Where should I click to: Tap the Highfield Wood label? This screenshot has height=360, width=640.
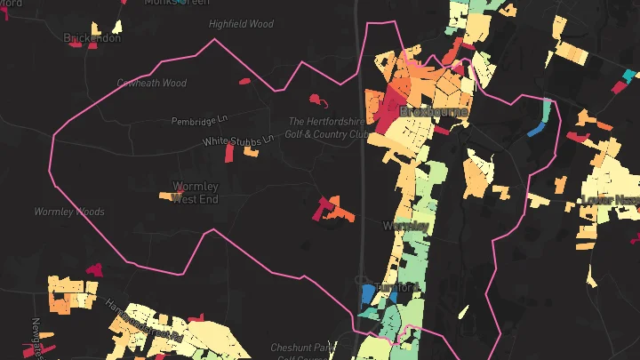(x=241, y=25)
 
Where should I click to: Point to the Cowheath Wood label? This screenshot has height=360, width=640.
(x=152, y=84)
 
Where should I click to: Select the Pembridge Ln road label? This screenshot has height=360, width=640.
(x=200, y=120)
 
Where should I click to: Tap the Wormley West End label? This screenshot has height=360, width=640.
(x=195, y=193)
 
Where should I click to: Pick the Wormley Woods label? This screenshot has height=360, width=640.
(x=69, y=212)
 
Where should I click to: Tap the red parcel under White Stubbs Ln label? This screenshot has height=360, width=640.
(x=228, y=154)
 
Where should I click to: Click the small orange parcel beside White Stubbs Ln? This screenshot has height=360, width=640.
(x=252, y=152)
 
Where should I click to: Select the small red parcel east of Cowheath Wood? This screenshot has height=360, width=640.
(x=244, y=82)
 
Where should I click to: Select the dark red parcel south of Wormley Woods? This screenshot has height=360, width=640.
(x=93, y=268)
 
